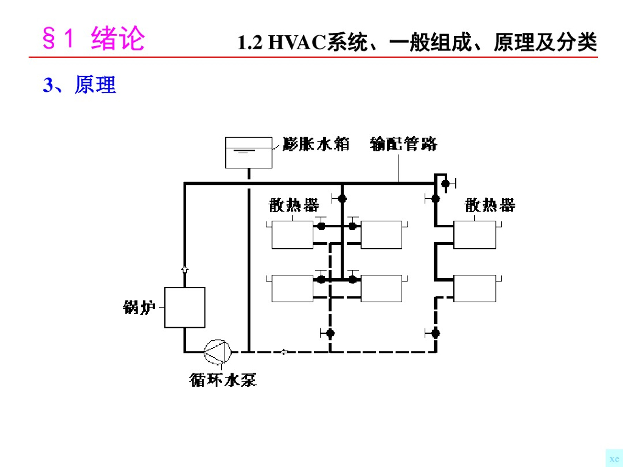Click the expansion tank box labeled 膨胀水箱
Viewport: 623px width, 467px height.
click(249, 153)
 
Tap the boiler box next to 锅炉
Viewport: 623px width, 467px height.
click(185, 307)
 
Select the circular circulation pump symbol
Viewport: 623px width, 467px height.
click(217, 351)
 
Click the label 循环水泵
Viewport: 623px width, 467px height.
click(223, 381)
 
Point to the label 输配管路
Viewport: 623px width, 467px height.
click(403, 144)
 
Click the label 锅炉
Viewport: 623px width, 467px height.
click(137, 308)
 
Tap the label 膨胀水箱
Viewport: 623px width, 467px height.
click(316, 144)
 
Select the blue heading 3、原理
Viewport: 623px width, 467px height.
click(80, 86)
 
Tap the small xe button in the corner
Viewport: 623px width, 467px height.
click(614, 458)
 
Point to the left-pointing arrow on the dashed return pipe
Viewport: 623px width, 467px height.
click(284, 351)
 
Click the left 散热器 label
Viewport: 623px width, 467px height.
click(294, 206)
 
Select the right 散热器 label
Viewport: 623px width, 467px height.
click(490, 206)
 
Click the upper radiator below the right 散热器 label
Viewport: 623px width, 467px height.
click(475, 235)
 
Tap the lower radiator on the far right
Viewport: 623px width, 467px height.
click(475, 288)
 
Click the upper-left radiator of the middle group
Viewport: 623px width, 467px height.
click(292, 235)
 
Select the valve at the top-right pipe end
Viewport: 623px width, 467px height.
click(445, 183)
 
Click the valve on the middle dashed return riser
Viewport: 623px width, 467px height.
click(330, 333)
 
